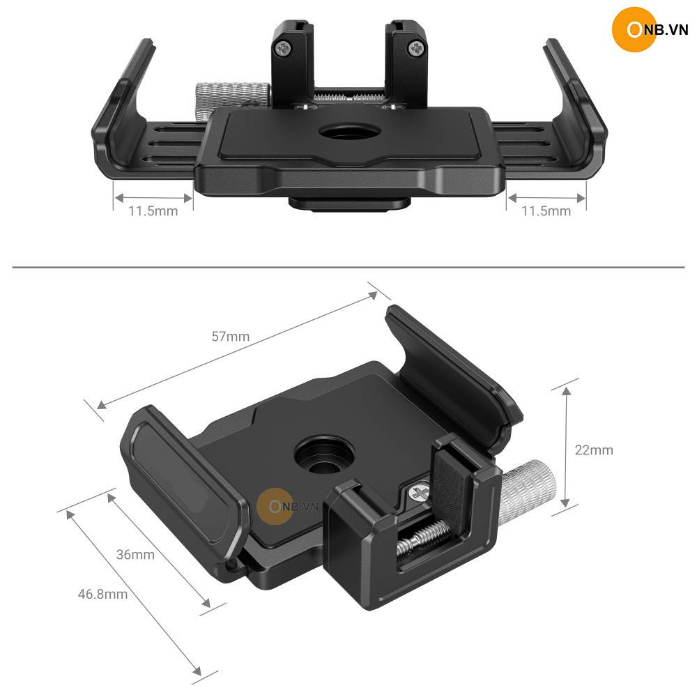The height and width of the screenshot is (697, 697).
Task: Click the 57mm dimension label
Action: coord(230,337)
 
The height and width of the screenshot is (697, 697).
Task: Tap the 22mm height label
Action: coord(594,450)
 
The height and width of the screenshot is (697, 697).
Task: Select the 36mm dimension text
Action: coord(136,555)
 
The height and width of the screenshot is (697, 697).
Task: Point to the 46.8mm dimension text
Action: coord(102,594)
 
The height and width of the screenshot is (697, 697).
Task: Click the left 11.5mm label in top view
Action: coord(153,210)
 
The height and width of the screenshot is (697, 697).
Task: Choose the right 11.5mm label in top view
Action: coord(546,210)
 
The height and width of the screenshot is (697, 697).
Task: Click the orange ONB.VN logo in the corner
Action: coord(650,29)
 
